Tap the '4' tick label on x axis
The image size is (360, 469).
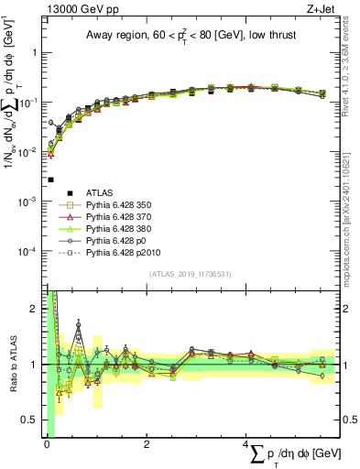click(x=245, y=445)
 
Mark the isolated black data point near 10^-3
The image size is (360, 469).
click(x=51, y=180)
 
